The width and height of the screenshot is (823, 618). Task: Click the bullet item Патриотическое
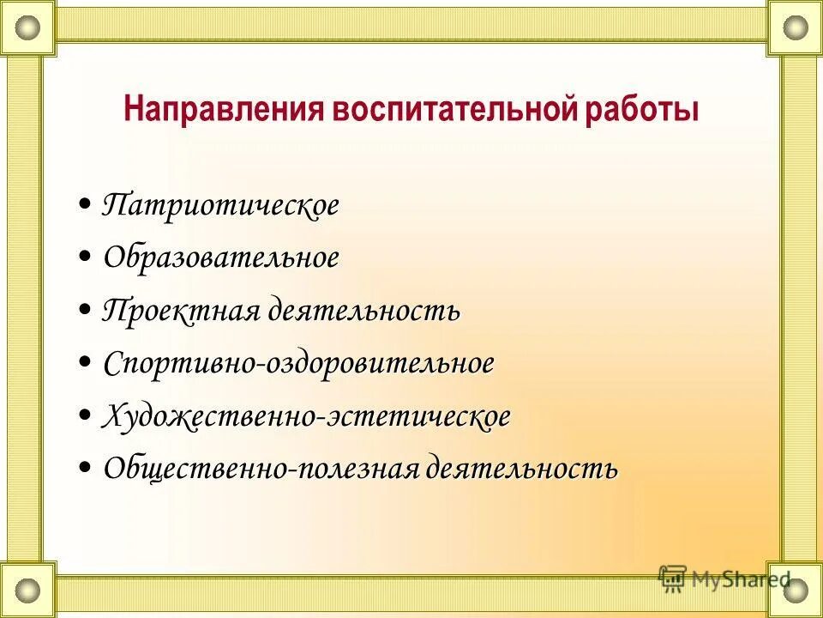pos(220,206)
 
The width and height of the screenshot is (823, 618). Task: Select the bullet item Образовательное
pos(221,257)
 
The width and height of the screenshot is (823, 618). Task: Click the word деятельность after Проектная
pos(363,311)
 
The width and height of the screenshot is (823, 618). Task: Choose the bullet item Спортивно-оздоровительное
pos(298,363)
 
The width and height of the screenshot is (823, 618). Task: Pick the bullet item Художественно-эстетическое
pos(306,416)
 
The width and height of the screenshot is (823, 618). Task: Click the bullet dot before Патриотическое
pos(86,206)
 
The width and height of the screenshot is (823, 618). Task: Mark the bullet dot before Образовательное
pos(86,257)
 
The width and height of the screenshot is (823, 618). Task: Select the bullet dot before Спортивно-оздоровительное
pos(86,363)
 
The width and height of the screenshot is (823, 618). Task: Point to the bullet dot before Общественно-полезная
pos(86,469)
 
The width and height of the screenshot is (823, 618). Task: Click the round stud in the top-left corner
pos(27,27)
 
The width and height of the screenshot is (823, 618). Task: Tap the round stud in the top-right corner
pos(796,27)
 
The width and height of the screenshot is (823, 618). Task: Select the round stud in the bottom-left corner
pos(27,591)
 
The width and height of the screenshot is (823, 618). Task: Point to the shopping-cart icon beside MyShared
pos(673,578)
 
